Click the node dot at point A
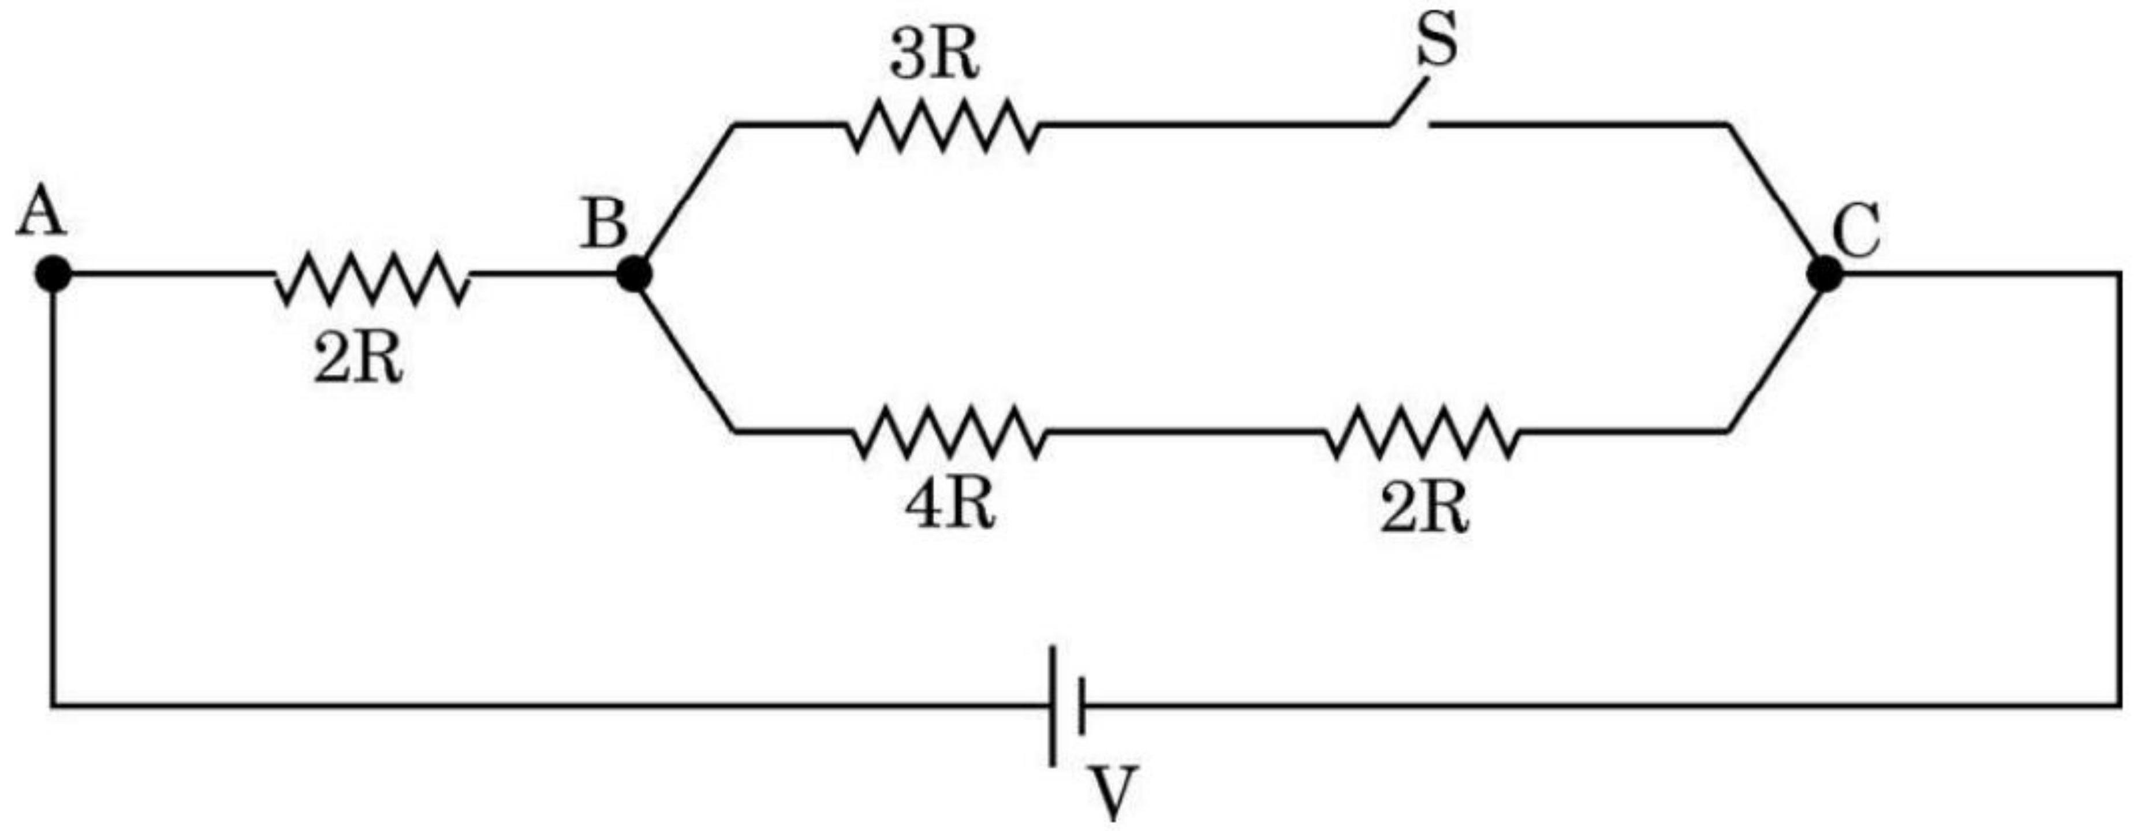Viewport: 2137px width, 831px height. point(54,274)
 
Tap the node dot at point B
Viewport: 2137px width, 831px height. point(635,274)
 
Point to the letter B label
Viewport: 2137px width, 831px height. point(604,224)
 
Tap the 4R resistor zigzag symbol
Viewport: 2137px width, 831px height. point(950,431)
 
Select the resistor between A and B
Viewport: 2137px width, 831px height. point(372,277)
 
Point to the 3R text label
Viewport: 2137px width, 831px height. point(934,58)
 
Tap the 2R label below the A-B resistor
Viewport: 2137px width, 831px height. point(359,361)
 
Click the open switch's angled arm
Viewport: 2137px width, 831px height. point(1409,101)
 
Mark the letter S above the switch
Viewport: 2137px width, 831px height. point(1436,42)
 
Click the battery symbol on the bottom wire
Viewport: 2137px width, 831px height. point(1068,705)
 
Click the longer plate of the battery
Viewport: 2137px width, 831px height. point(1053,705)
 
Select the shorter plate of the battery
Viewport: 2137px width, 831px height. point(1081,705)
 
